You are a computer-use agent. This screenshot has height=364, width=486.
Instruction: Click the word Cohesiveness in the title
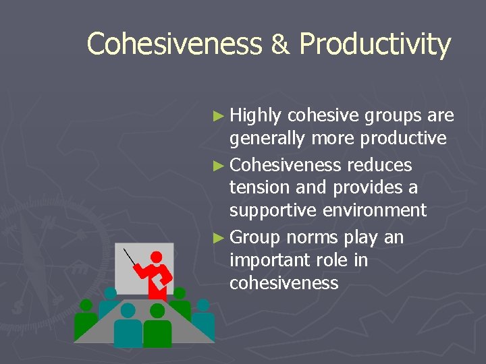click(x=173, y=44)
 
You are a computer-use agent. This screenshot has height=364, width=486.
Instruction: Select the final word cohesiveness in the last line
click(x=283, y=283)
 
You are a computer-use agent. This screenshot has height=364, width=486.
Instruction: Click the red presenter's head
click(x=157, y=257)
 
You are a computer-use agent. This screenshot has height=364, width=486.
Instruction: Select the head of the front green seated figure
click(x=157, y=311)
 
